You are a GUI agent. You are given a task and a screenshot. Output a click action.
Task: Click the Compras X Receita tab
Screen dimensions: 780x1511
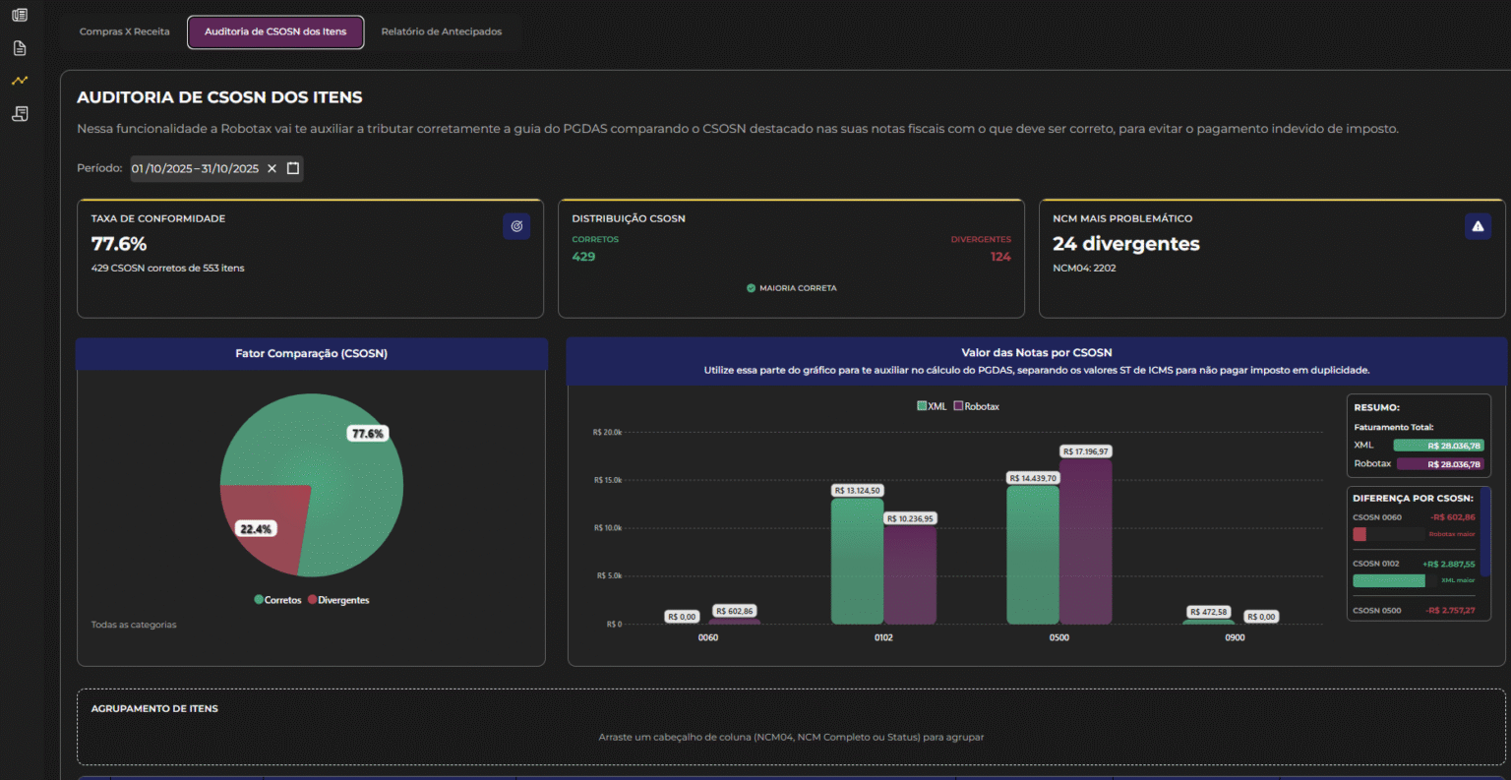[124, 31]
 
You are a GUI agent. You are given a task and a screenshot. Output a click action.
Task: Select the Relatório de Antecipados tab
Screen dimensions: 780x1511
[441, 31]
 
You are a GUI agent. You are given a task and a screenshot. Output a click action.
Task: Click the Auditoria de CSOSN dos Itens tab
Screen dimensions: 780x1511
[275, 31]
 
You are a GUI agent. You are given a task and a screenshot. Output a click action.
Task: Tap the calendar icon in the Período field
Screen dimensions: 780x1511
[292, 168]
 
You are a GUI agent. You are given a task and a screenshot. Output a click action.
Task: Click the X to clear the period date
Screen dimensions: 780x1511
[272, 168]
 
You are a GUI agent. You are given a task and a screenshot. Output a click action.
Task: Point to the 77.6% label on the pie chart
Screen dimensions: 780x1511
[367, 434]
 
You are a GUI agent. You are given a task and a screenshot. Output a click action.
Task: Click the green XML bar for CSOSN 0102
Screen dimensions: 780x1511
[857, 561]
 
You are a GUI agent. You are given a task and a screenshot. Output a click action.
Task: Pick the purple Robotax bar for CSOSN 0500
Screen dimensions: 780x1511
[1085, 541]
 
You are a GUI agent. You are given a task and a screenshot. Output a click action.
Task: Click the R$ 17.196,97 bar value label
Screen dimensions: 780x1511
[1085, 451]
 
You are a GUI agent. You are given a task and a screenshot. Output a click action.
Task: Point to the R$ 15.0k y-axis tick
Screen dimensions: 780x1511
[607, 480]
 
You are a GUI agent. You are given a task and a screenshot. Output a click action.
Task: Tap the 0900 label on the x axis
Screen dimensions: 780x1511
[1235, 637]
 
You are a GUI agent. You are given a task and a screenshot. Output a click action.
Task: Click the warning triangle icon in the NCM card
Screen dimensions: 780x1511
[1478, 226]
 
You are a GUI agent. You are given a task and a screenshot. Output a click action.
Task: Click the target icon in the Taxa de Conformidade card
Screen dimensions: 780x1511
[516, 226]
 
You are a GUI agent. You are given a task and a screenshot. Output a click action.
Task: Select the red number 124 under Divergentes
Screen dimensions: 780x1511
[1000, 257]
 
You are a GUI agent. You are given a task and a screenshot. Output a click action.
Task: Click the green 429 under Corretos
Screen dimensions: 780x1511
[583, 257]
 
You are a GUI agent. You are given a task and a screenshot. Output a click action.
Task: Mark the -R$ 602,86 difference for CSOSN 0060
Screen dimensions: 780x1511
[1453, 517]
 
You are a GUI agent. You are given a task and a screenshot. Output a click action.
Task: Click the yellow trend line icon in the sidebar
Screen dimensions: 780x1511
[20, 81]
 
